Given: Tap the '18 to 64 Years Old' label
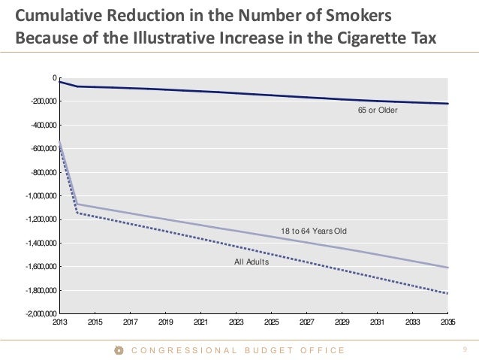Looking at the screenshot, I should click(314, 231).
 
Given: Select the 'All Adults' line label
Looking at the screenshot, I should click(252, 262).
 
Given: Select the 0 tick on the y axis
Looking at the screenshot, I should click(54, 77).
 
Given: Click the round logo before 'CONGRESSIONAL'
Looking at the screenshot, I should click(119, 350).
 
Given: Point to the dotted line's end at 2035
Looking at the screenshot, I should click(447, 293).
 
